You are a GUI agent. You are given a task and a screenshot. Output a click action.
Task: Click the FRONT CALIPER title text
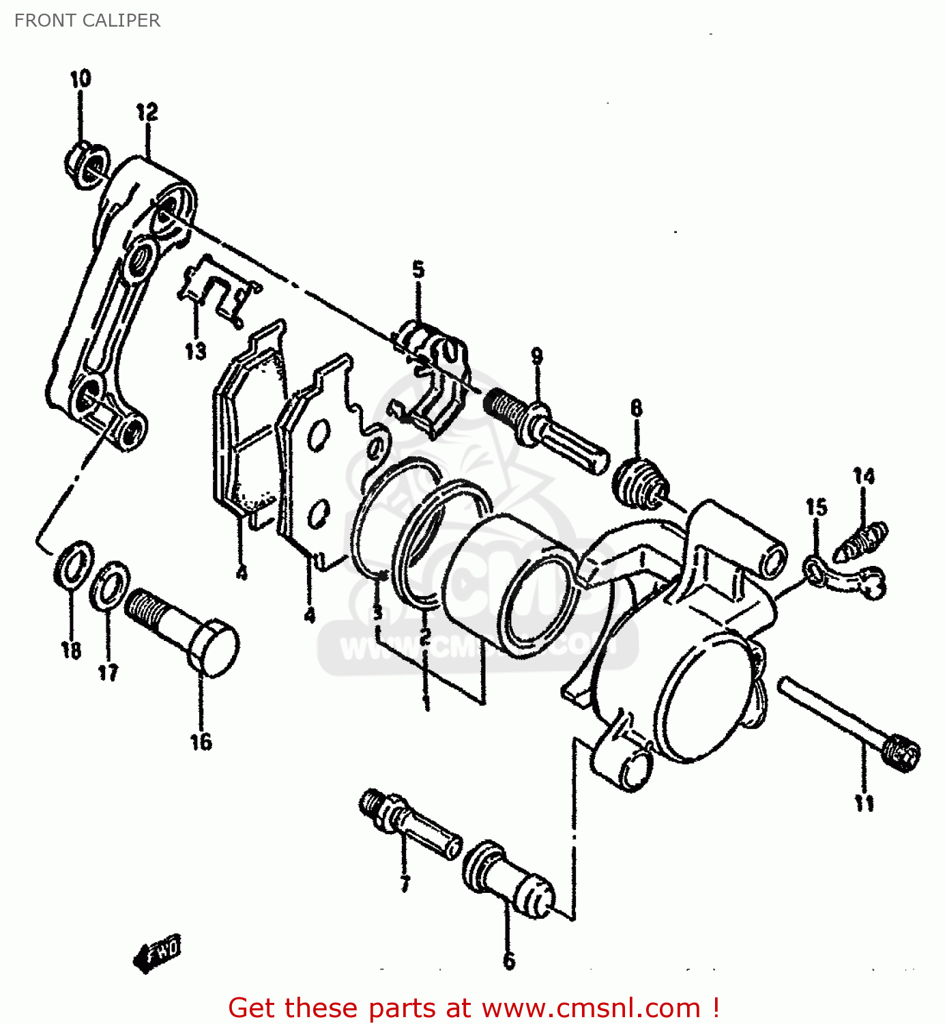tap(87, 20)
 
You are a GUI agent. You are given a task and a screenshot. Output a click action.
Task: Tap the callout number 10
tap(81, 79)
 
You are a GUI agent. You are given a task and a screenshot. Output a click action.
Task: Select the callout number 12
tap(147, 112)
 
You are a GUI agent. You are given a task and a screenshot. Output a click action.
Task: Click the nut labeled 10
tap(87, 166)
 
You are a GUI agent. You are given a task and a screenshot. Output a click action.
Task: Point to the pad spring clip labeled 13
tap(217, 291)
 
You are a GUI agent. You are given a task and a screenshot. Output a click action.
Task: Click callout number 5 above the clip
tap(418, 270)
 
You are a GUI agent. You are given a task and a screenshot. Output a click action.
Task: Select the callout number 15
tap(816, 507)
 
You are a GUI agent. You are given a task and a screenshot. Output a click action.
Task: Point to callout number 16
tap(201, 742)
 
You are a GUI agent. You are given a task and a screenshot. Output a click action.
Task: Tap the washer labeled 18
tap(74, 564)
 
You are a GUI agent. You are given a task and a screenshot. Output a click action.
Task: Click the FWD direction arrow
tap(158, 951)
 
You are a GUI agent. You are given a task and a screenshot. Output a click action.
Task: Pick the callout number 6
tap(509, 961)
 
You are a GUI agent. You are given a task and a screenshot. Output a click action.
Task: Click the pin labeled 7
tap(409, 824)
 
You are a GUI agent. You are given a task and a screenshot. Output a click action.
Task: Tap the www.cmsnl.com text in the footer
tap(591, 1008)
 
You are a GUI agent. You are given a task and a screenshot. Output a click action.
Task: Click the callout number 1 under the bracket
tap(426, 702)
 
